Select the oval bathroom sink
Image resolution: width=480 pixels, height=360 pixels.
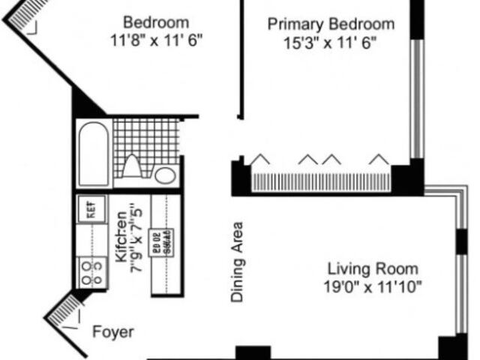[x=166, y=175]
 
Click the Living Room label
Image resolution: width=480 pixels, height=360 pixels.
[x=373, y=269]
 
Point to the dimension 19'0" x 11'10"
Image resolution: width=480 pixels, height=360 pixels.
[x=373, y=286]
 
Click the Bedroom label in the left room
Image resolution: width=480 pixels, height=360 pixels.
[x=156, y=22]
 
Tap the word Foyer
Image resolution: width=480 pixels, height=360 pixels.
[x=114, y=331]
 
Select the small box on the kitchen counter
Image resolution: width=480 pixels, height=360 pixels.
[x=161, y=241]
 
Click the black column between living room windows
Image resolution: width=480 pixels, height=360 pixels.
[x=460, y=239]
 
